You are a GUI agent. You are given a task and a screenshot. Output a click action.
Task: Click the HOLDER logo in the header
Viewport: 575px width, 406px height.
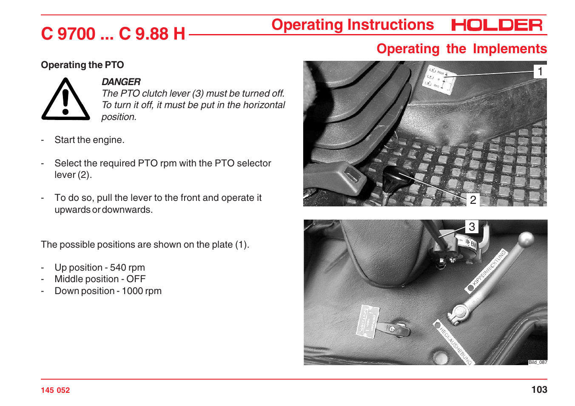497,25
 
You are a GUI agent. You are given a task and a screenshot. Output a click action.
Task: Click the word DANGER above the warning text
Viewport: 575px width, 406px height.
121,82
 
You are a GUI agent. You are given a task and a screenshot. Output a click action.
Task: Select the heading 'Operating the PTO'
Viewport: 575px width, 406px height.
83,65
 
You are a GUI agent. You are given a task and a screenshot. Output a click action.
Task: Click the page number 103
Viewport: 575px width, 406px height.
539,389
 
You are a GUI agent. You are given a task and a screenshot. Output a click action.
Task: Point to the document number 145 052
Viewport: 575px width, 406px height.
55,390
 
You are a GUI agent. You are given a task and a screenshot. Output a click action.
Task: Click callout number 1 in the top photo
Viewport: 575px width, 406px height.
540,71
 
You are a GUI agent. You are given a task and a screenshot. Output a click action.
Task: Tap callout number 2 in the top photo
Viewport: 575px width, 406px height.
473,200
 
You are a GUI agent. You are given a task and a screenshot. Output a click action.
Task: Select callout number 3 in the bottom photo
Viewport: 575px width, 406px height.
472,227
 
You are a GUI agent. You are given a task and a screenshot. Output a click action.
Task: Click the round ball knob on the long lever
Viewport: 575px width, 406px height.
526,239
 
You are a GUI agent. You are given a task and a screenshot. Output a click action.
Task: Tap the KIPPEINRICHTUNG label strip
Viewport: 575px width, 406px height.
489,270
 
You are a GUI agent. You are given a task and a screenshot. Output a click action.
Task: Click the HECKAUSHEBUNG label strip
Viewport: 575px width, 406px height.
453,343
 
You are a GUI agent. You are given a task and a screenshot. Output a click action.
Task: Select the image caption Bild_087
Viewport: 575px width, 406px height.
538,362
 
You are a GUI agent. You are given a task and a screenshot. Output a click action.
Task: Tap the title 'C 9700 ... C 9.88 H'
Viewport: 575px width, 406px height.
113,34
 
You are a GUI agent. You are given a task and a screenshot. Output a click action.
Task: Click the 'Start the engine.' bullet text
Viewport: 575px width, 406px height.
89,140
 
